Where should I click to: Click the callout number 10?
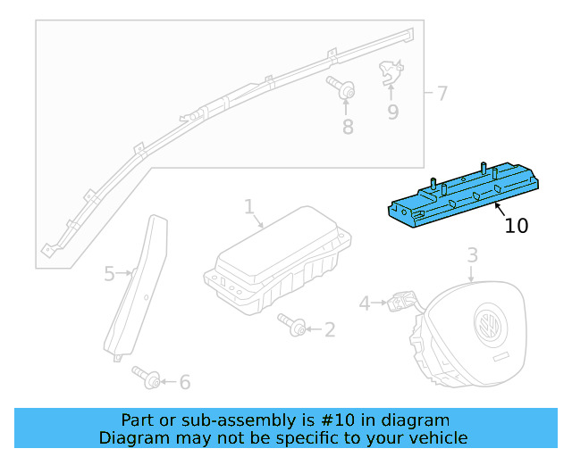pos(517,225)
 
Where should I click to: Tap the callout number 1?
pos(249,207)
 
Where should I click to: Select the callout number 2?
pos(330,330)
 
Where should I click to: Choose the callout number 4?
pos(365,303)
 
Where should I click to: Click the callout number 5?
pos(109,273)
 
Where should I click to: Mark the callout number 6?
pos(185,383)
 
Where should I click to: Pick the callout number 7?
pos(442,93)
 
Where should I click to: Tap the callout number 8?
pos(348,127)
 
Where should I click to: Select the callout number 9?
pos(392,112)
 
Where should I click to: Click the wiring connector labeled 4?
pos(395,304)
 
